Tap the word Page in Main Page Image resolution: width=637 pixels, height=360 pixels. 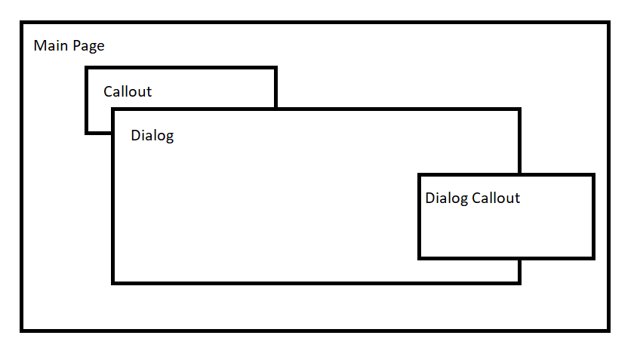tap(88, 47)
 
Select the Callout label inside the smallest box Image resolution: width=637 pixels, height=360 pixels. tap(128, 92)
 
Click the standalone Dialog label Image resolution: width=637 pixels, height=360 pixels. tap(152, 137)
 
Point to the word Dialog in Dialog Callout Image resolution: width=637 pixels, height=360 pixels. tap(446, 198)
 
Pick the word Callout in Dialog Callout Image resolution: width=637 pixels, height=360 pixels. tap(496, 198)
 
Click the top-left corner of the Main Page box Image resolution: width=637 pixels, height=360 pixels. tap(22, 23)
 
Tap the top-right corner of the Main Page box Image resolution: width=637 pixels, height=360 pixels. tap(608, 23)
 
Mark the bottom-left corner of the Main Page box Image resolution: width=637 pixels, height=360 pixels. tap(22, 330)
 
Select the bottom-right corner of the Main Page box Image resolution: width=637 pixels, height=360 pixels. tap(608, 330)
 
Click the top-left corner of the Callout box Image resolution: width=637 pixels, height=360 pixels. tap(87, 68)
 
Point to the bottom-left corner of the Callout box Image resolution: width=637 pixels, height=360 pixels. tap(87, 133)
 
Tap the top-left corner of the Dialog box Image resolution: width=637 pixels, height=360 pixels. tap(113, 110)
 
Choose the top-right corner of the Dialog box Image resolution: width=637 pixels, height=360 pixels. tap(519, 110)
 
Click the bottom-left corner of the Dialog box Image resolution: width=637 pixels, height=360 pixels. tap(113, 282)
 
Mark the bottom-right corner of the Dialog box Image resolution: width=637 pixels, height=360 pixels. tap(519, 282)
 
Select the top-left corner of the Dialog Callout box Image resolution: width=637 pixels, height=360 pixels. tap(420, 175)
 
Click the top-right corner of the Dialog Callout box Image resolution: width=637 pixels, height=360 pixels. tap(593, 175)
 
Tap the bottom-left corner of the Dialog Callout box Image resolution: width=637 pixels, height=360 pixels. tap(420, 258)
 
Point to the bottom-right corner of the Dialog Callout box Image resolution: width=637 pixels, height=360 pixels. tap(593, 258)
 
